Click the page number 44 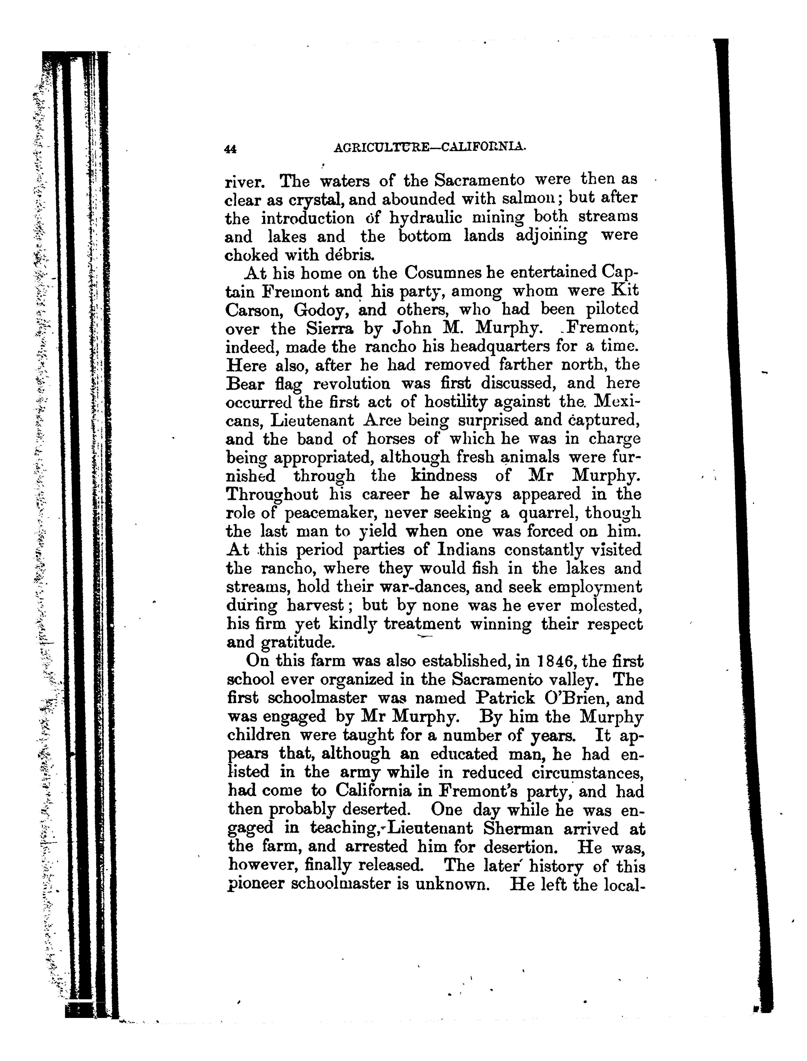230,149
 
